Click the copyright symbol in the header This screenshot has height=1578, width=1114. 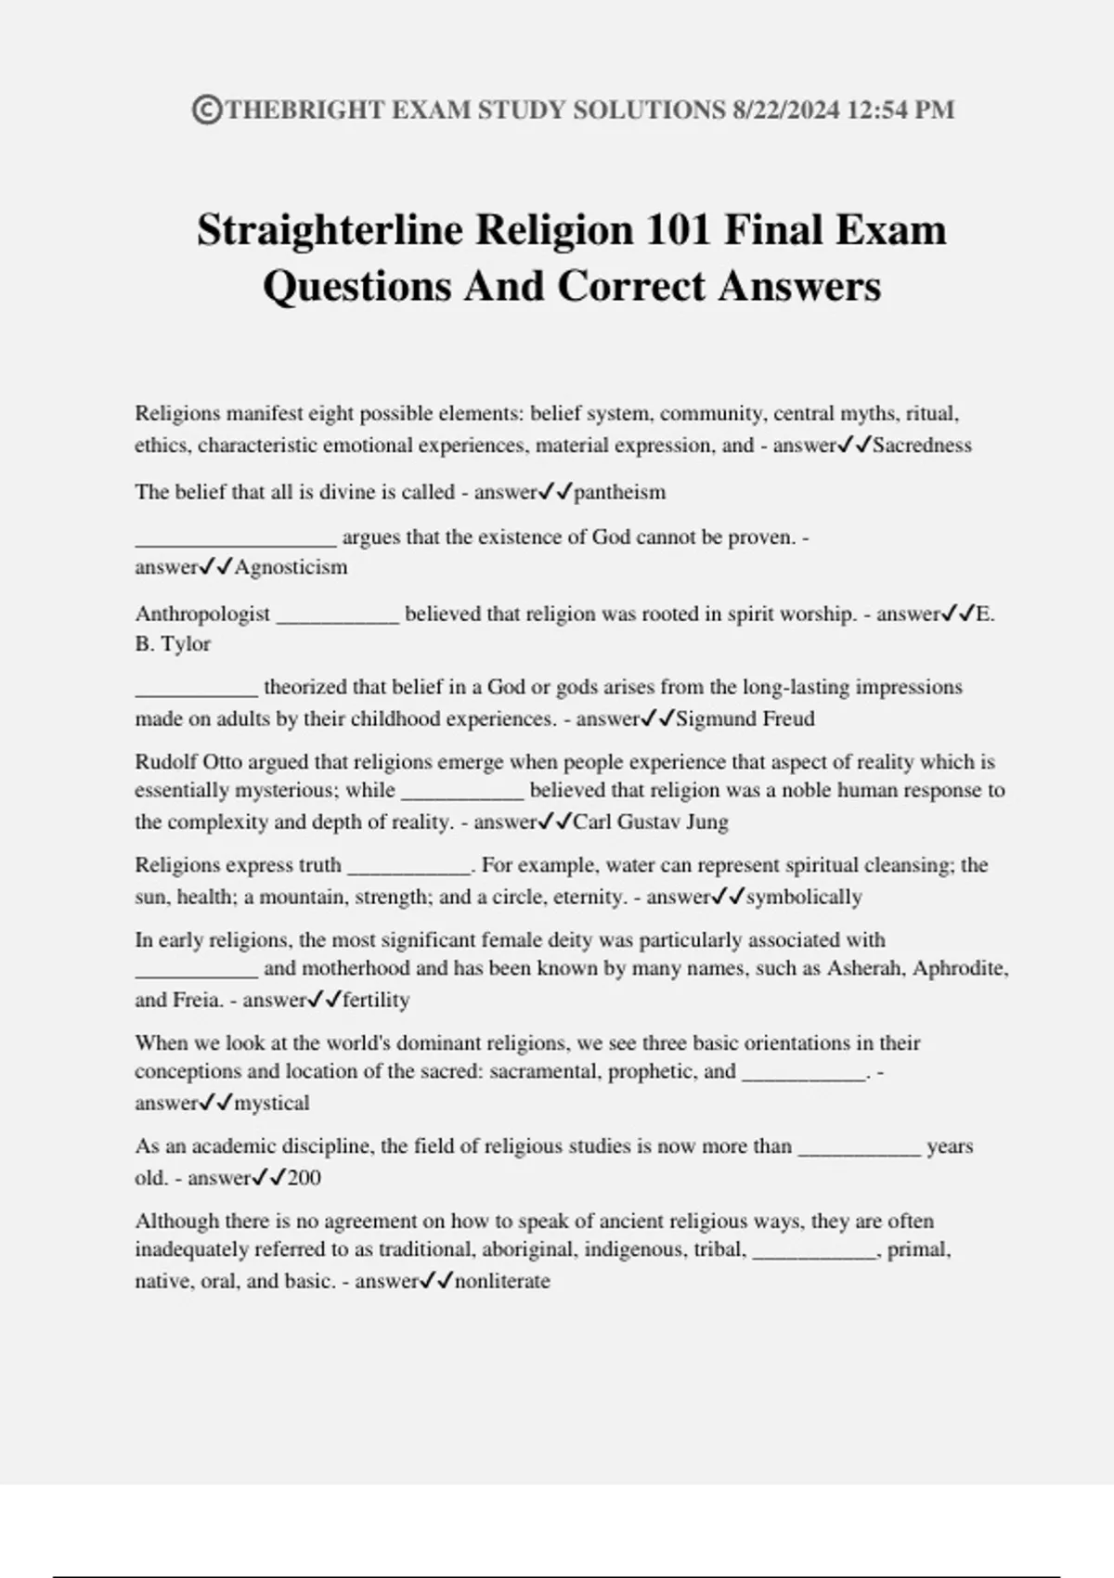(207, 110)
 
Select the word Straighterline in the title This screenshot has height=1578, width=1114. (330, 230)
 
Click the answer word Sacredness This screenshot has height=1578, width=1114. (922, 446)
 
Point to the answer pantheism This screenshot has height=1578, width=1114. (619, 492)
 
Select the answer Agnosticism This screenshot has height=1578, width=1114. (291, 567)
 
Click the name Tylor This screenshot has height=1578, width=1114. (187, 643)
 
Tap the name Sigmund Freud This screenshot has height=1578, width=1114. (745, 718)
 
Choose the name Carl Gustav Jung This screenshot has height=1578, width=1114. (651, 821)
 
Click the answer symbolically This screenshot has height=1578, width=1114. (804, 897)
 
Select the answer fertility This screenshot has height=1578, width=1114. (376, 1000)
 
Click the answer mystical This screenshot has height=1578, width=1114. (272, 1103)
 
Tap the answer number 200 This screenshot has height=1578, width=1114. (304, 1178)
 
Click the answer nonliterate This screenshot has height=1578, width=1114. (502, 1281)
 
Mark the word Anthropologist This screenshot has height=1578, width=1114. (202, 614)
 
